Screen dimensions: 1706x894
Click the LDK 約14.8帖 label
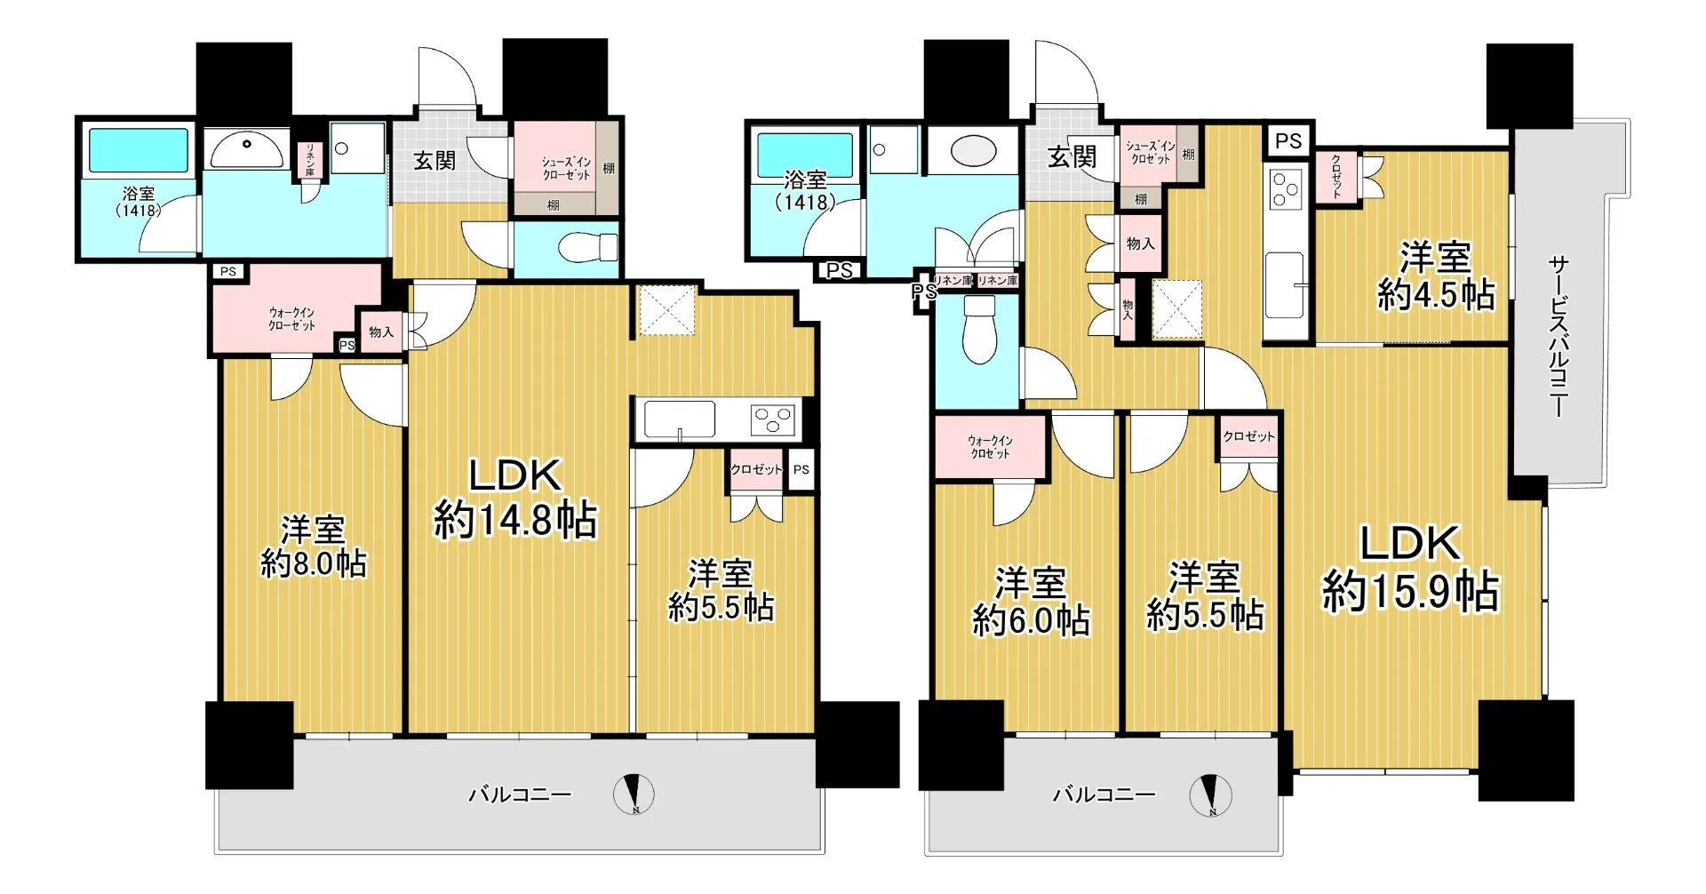point(515,498)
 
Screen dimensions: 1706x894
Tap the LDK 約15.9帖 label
point(1410,567)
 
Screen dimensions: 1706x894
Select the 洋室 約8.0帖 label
point(313,546)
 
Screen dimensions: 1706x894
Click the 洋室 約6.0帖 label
point(1031,601)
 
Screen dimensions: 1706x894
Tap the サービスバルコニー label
point(1559,336)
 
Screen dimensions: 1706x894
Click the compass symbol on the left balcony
point(634,794)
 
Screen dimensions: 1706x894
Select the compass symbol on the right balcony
point(1210,795)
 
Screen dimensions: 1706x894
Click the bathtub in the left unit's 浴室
point(139,151)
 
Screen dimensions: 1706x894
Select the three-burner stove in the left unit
point(772,419)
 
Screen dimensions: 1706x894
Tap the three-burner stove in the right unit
point(1285,189)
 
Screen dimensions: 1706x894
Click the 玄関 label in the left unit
point(434,161)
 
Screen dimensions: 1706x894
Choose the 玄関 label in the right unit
point(1072,157)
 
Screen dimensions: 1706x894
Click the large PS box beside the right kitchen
point(1288,140)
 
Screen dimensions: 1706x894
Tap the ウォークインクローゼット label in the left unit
point(291,319)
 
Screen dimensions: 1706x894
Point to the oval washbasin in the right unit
point(973,151)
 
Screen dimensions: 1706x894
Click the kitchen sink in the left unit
point(680,419)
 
